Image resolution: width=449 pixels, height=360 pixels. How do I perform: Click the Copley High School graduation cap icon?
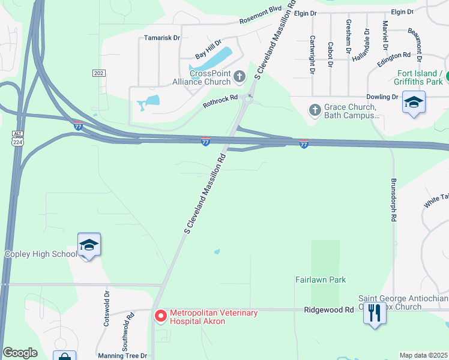point(89,245)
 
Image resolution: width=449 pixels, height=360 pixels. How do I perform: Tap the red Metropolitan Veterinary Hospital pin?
point(160,316)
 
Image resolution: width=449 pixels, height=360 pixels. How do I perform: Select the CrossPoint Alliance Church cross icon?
point(240,76)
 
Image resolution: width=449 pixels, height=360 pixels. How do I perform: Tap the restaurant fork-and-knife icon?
point(375,312)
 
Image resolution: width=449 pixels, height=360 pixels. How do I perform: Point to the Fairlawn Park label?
point(321,280)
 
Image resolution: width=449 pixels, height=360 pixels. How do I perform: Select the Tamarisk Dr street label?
point(162,38)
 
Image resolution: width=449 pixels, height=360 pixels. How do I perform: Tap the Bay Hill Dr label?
point(208,55)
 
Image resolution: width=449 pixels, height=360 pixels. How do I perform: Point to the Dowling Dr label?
point(382,97)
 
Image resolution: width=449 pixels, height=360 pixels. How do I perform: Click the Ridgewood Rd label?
point(329,310)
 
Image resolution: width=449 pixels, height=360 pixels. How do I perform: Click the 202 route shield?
point(99,73)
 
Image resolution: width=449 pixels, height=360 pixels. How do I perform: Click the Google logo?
point(20,353)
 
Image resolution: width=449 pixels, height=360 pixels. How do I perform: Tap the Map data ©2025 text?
point(423,355)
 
